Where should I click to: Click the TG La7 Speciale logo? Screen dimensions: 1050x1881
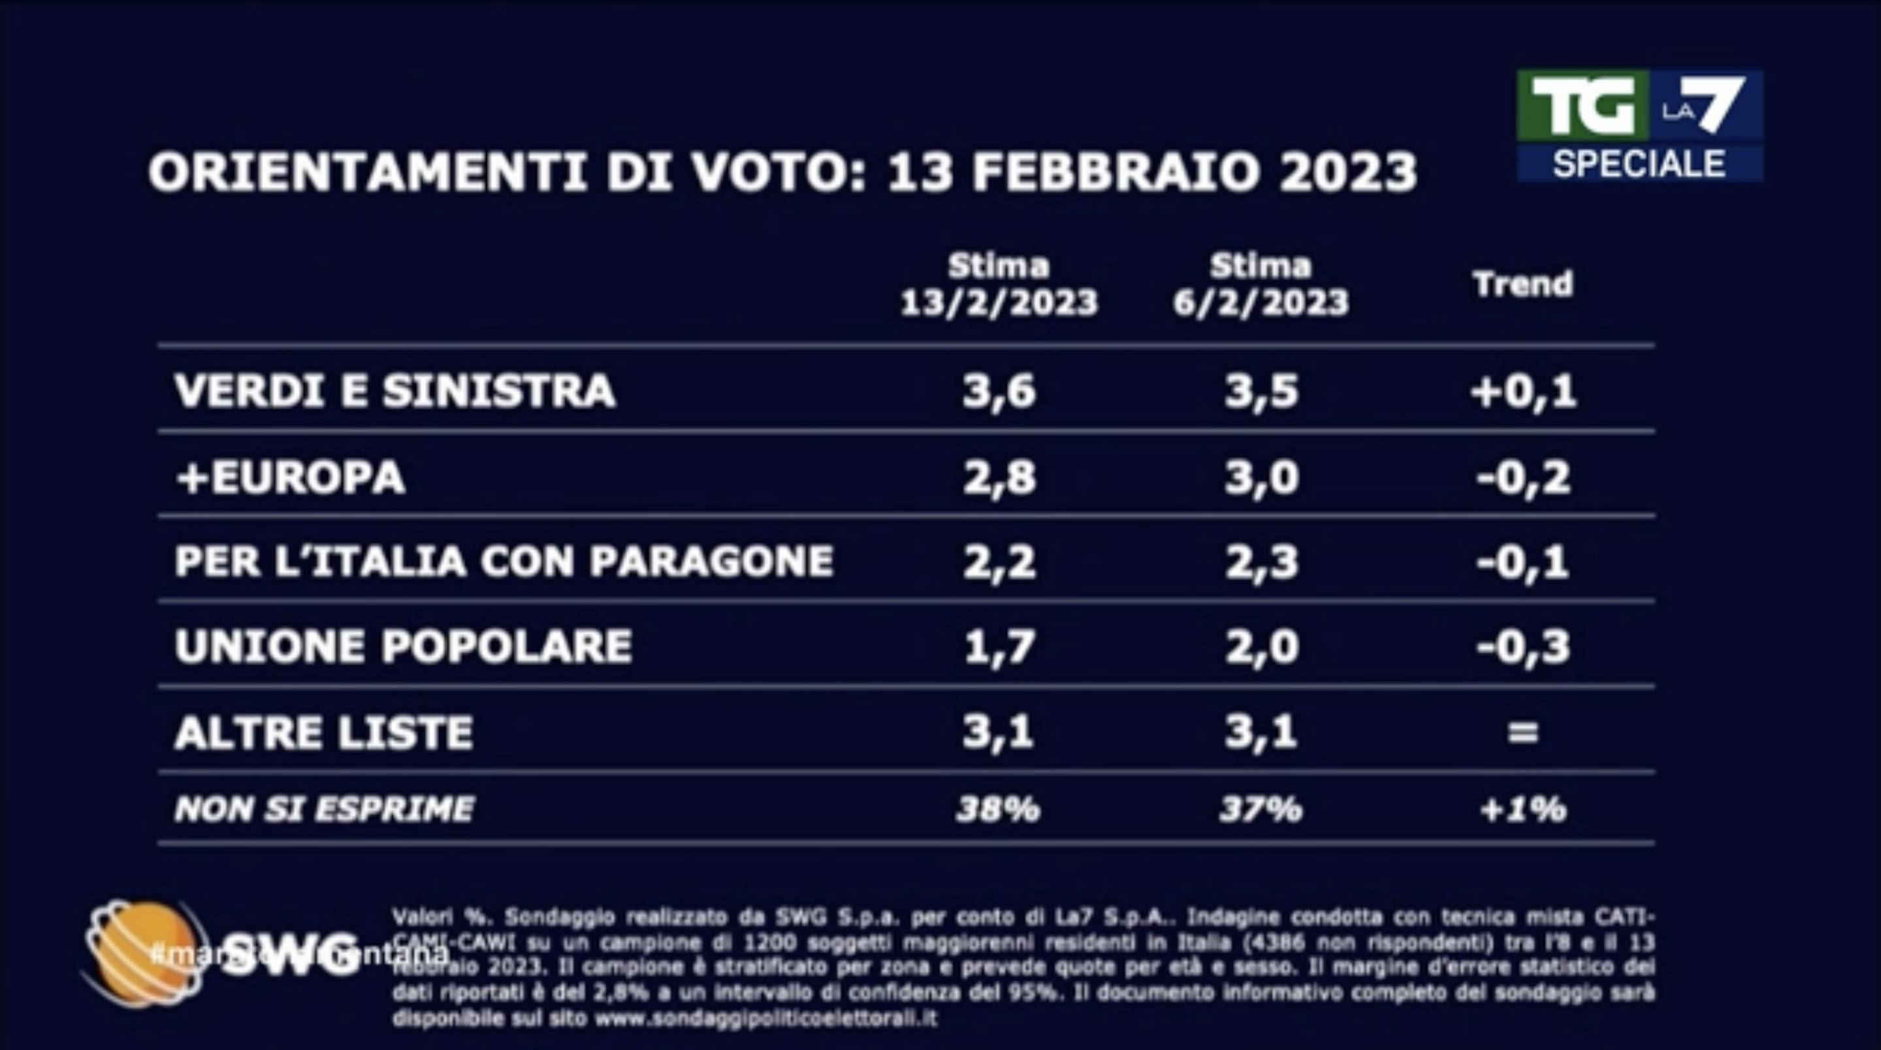(1639, 125)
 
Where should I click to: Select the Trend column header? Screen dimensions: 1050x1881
(1522, 284)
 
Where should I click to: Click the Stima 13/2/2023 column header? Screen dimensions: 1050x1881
(998, 284)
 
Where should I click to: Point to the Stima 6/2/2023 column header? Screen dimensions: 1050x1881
(1261, 284)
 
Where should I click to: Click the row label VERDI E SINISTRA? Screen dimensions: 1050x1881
(395, 390)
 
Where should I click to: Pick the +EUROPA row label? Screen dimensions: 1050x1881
(290, 477)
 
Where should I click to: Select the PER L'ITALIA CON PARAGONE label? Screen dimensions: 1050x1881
(504, 561)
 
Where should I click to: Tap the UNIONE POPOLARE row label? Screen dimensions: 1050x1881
(403, 646)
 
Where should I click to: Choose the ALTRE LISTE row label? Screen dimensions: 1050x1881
(323, 731)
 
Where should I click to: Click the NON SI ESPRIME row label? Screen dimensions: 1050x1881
(324, 809)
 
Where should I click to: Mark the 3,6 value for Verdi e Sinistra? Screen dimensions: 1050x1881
(998, 390)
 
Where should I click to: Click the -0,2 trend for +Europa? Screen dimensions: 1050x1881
(1523, 477)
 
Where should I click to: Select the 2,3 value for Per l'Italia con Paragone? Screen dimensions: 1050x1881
(1261, 562)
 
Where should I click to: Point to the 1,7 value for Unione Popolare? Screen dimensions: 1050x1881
(998, 646)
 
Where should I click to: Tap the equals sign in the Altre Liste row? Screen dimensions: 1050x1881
(1523, 731)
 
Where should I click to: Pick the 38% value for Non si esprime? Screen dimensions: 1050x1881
(998, 809)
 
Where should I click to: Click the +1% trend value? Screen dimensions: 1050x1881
(1523, 809)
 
